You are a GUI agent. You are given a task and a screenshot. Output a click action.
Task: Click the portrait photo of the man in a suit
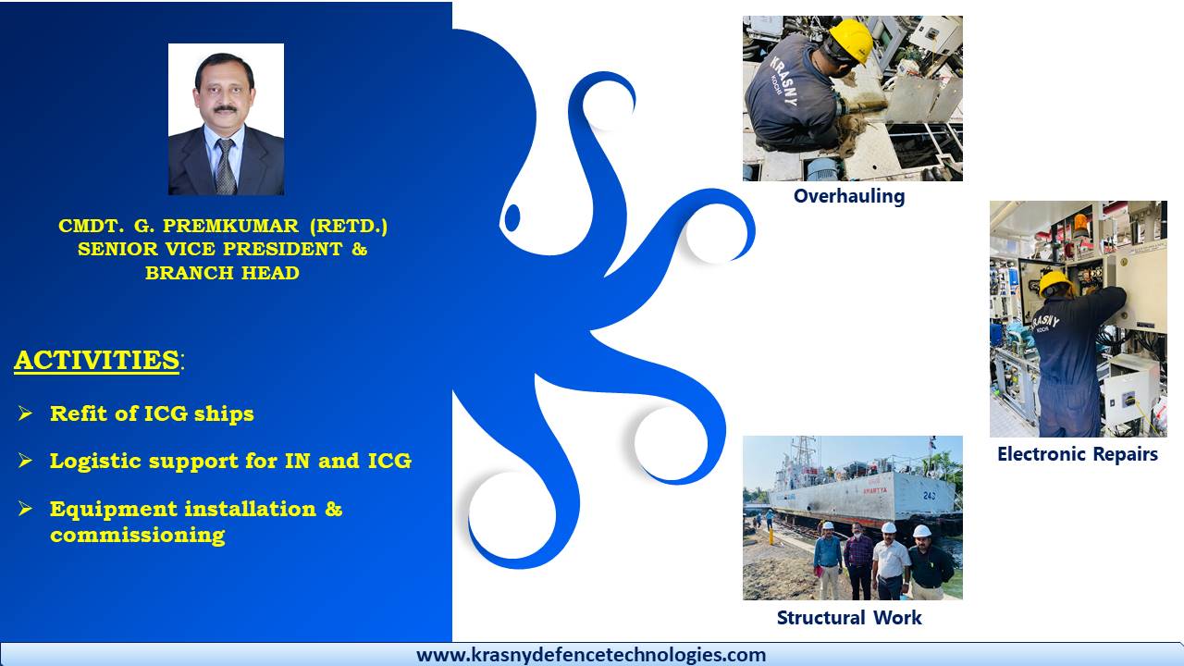[x=226, y=119]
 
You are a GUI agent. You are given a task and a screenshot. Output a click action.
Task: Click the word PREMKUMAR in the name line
[x=230, y=227]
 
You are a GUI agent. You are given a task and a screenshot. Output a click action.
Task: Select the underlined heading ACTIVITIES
[x=97, y=361]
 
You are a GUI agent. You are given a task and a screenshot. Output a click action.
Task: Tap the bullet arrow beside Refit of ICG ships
[x=25, y=413]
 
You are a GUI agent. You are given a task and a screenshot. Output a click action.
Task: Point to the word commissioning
[x=138, y=535]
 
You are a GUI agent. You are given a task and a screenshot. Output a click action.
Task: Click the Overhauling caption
[x=849, y=197]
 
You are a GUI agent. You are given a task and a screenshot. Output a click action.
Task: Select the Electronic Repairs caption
[x=1078, y=454]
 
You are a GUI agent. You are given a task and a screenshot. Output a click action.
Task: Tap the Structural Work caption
[x=849, y=617]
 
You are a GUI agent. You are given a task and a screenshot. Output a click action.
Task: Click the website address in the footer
[x=591, y=655]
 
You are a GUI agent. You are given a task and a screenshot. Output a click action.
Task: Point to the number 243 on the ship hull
[x=930, y=496]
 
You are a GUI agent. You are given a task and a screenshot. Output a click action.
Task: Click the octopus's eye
[x=512, y=217]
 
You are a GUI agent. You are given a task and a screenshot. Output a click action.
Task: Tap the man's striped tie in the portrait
[x=225, y=166]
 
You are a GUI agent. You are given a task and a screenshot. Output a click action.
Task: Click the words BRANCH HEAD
[x=222, y=273]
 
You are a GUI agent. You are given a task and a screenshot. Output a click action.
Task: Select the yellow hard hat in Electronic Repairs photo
[x=1055, y=283]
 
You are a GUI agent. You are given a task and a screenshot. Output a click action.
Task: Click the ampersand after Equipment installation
[x=333, y=509]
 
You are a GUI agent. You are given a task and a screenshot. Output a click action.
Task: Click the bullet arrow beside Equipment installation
[x=25, y=509]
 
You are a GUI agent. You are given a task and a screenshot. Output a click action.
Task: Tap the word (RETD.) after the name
[x=349, y=227]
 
